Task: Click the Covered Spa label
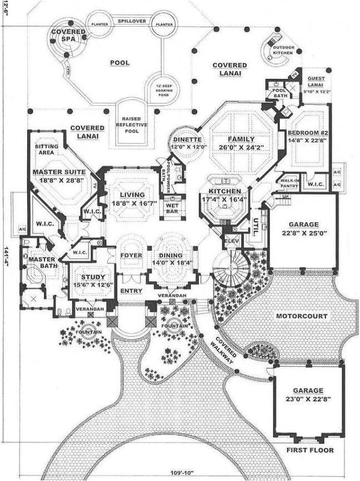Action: click(x=68, y=36)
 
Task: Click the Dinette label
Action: click(x=184, y=139)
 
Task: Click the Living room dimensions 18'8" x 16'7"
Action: click(x=128, y=204)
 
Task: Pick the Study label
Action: click(x=89, y=277)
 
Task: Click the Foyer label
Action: click(x=131, y=256)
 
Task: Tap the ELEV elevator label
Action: click(x=231, y=240)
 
